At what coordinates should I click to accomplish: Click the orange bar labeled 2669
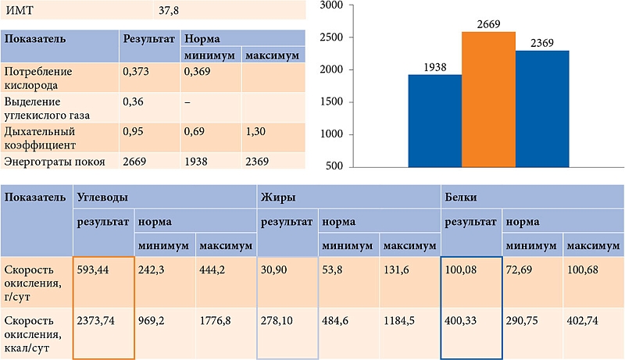[x=488, y=100]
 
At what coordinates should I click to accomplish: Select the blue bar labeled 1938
[x=435, y=121]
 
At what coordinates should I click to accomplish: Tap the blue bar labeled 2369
[x=542, y=109]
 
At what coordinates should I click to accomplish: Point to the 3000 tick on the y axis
[x=334, y=5]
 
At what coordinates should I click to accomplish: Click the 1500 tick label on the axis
[x=334, y=102]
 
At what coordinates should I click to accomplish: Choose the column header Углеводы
[x=102, y=198]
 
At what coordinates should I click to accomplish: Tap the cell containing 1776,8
[x=218, y=321]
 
